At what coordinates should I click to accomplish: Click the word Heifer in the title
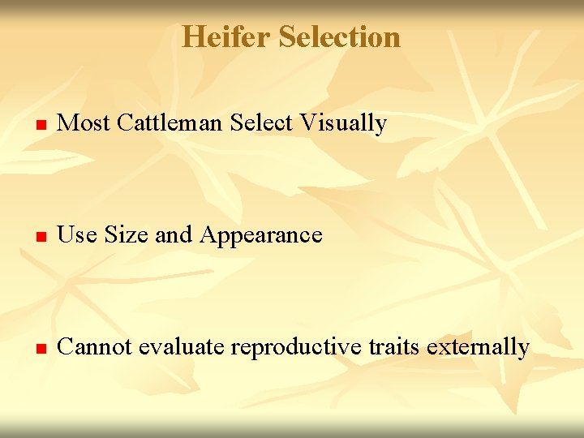coord(225,37)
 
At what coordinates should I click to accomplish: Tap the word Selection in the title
coord(339,37)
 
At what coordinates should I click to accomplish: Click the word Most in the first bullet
coord(85,123)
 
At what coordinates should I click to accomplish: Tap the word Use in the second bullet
coord(78,235)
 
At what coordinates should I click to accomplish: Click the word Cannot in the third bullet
coord(96,347)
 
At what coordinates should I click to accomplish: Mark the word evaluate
coord(182,347)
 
